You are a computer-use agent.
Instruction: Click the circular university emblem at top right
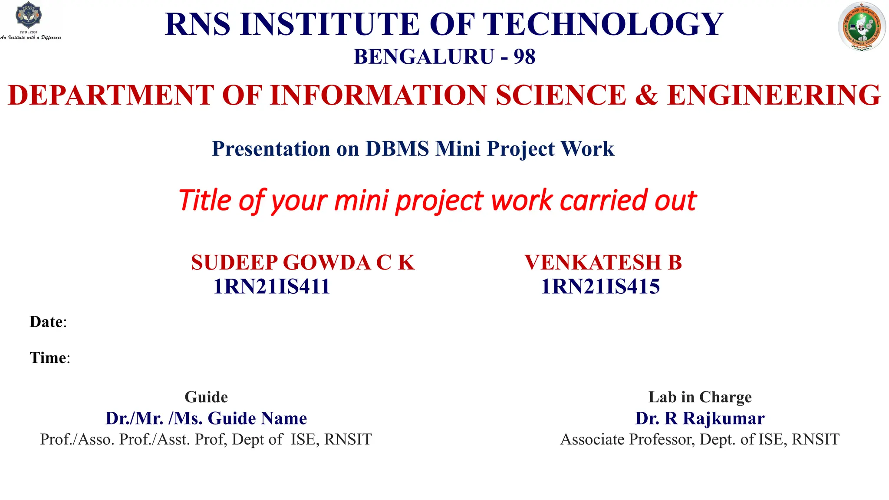coord(861,27)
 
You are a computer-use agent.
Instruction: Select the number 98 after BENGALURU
coord(524,57)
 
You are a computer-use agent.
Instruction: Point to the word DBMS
coord(397,149)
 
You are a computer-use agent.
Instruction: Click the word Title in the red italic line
coord(204,201)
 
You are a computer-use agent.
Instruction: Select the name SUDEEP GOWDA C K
coord(303,263)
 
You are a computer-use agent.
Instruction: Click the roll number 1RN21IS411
coord(271,286)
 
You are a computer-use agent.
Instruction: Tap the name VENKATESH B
coord(603,263)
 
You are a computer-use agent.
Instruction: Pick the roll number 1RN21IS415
coord(600,286)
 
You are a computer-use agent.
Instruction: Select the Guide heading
coord(206,397)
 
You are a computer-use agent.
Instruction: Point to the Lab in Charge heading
coord(700,397)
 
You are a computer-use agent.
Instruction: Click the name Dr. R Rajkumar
coord(700,418)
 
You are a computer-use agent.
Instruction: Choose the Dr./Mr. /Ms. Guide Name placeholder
coord(206,418)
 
